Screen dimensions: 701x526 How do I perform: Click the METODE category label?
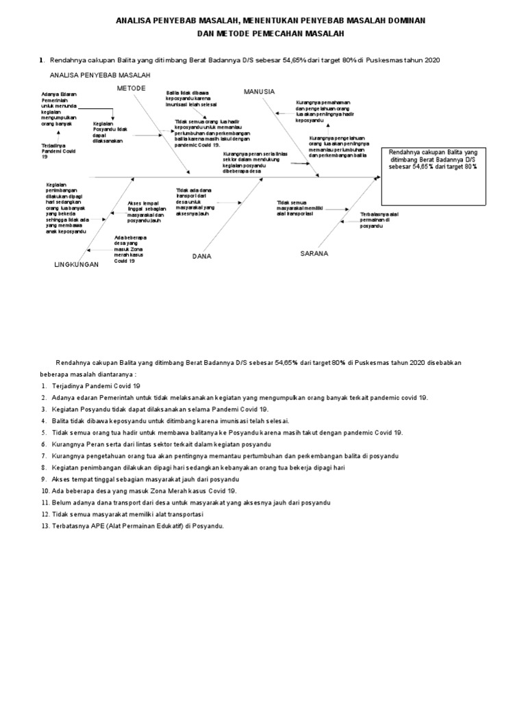(x=131, y=89)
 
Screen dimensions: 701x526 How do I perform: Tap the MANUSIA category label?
(x=259, y=91)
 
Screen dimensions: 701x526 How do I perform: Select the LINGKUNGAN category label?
(x=77, y=264)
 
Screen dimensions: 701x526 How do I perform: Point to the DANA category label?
(x=201, y=256)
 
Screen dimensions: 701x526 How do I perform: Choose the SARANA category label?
(x=314, y=253)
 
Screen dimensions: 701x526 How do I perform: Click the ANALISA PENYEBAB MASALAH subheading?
(x=100, y=75)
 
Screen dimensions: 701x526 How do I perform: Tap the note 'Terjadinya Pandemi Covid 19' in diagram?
(x=55, y=152)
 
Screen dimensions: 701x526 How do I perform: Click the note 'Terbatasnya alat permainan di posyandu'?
(x=380, y=220)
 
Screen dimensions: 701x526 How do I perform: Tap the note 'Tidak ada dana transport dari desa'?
(x=196, y=202)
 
